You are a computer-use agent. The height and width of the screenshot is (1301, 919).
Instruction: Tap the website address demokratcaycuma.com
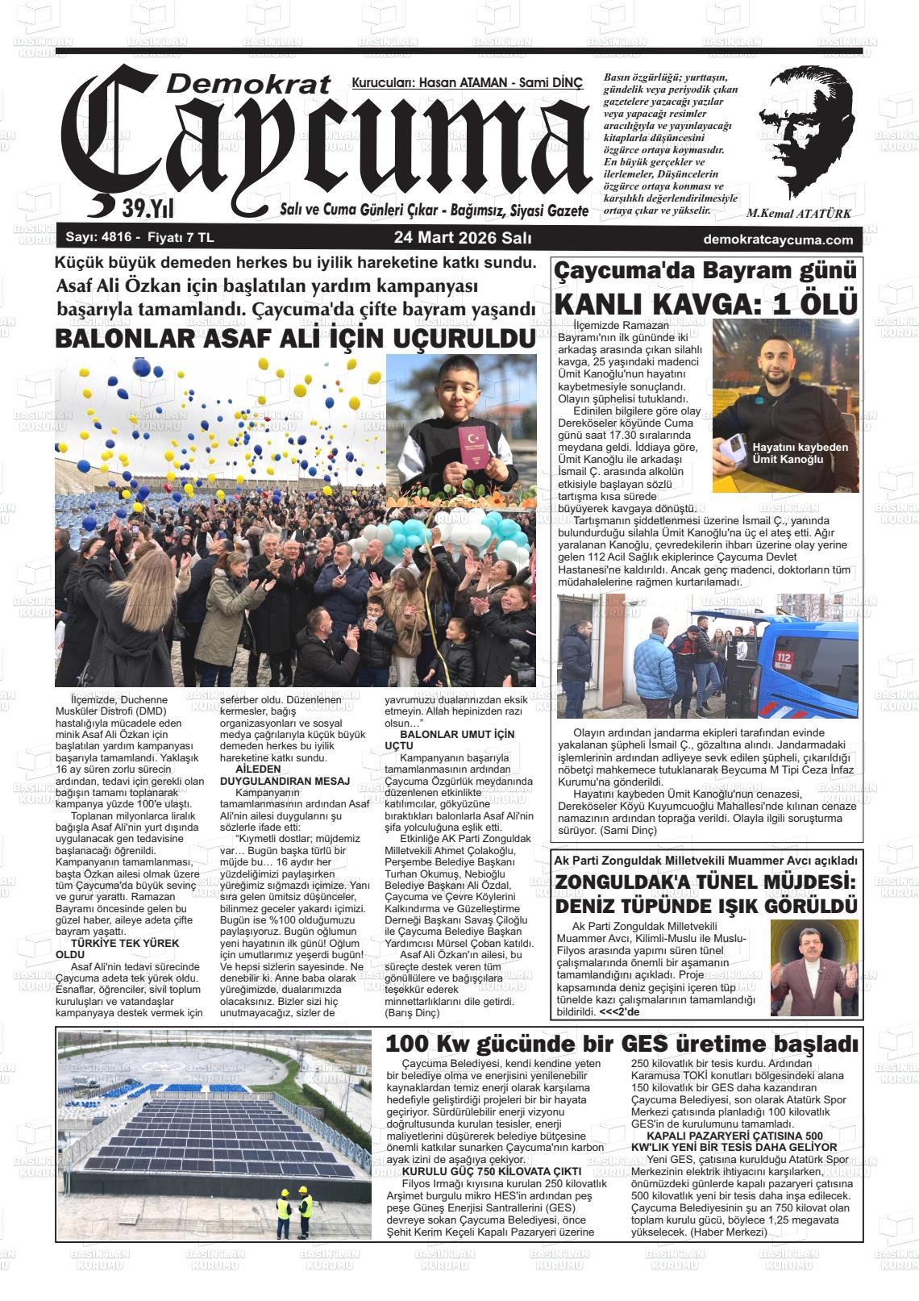[778, 240]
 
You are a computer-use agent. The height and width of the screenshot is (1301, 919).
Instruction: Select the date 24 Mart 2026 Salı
[462, 239]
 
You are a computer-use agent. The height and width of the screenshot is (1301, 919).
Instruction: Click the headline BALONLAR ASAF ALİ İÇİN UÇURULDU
[295, 340]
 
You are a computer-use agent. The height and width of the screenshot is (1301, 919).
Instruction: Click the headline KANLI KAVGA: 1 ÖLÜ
[705, 304]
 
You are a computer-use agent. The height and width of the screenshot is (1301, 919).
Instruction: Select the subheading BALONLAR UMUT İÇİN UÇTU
[455, 741]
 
